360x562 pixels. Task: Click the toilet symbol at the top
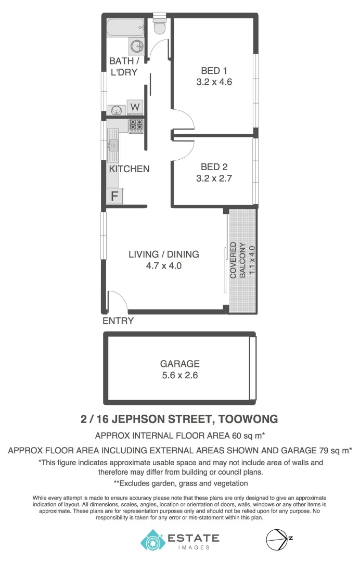[x=159, y=27]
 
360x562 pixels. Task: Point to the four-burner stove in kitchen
[x=136, y=125]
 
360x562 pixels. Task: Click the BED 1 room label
[x=213, y=71]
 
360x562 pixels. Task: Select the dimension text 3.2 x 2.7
[x=213, y=178]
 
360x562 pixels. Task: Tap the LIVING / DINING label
[x=164, y=254]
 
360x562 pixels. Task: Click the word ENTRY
[x=118, y=321]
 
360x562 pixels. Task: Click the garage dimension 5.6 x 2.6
[x=179, y=375]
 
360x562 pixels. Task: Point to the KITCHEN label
[x=129, y=169]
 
